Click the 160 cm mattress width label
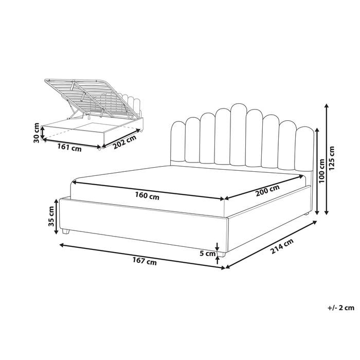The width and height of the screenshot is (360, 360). pos(147,196)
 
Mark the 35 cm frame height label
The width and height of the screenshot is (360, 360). pos(51,216)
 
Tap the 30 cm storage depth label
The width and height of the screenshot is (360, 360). pos(36,132)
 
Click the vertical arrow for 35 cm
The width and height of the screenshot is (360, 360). pos(57,216)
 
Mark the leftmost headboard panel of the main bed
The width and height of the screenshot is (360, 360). pos(178,141)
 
